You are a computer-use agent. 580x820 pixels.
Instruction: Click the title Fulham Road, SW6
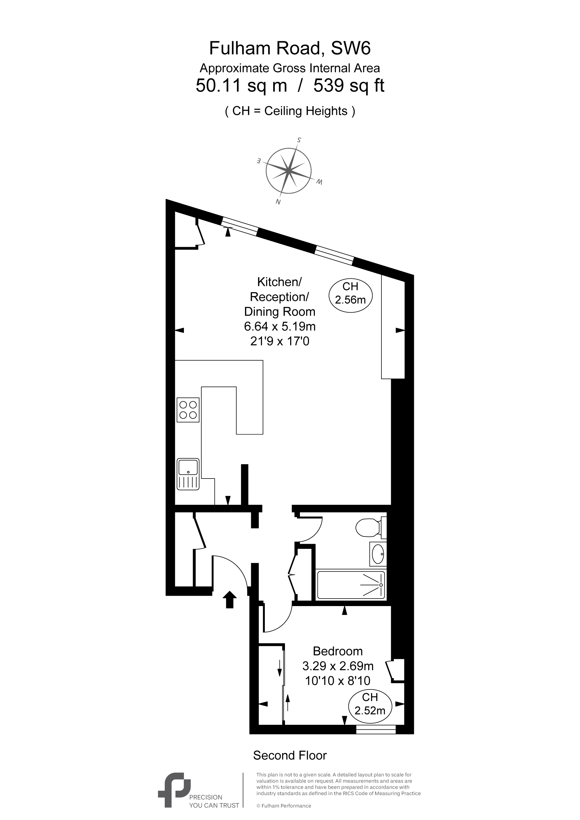290,48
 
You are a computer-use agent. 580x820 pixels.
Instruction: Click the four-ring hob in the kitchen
188,410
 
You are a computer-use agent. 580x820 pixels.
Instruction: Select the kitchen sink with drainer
188,474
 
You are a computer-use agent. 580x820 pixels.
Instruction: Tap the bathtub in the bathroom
351,585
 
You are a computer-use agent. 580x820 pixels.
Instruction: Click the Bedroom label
338,651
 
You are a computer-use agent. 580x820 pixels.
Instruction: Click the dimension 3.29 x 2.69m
338,666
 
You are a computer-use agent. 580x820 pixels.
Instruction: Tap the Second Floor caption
290,755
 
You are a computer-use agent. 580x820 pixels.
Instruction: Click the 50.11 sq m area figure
241,86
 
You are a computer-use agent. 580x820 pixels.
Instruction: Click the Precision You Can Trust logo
199,789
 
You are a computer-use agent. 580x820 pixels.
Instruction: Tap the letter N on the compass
278,202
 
